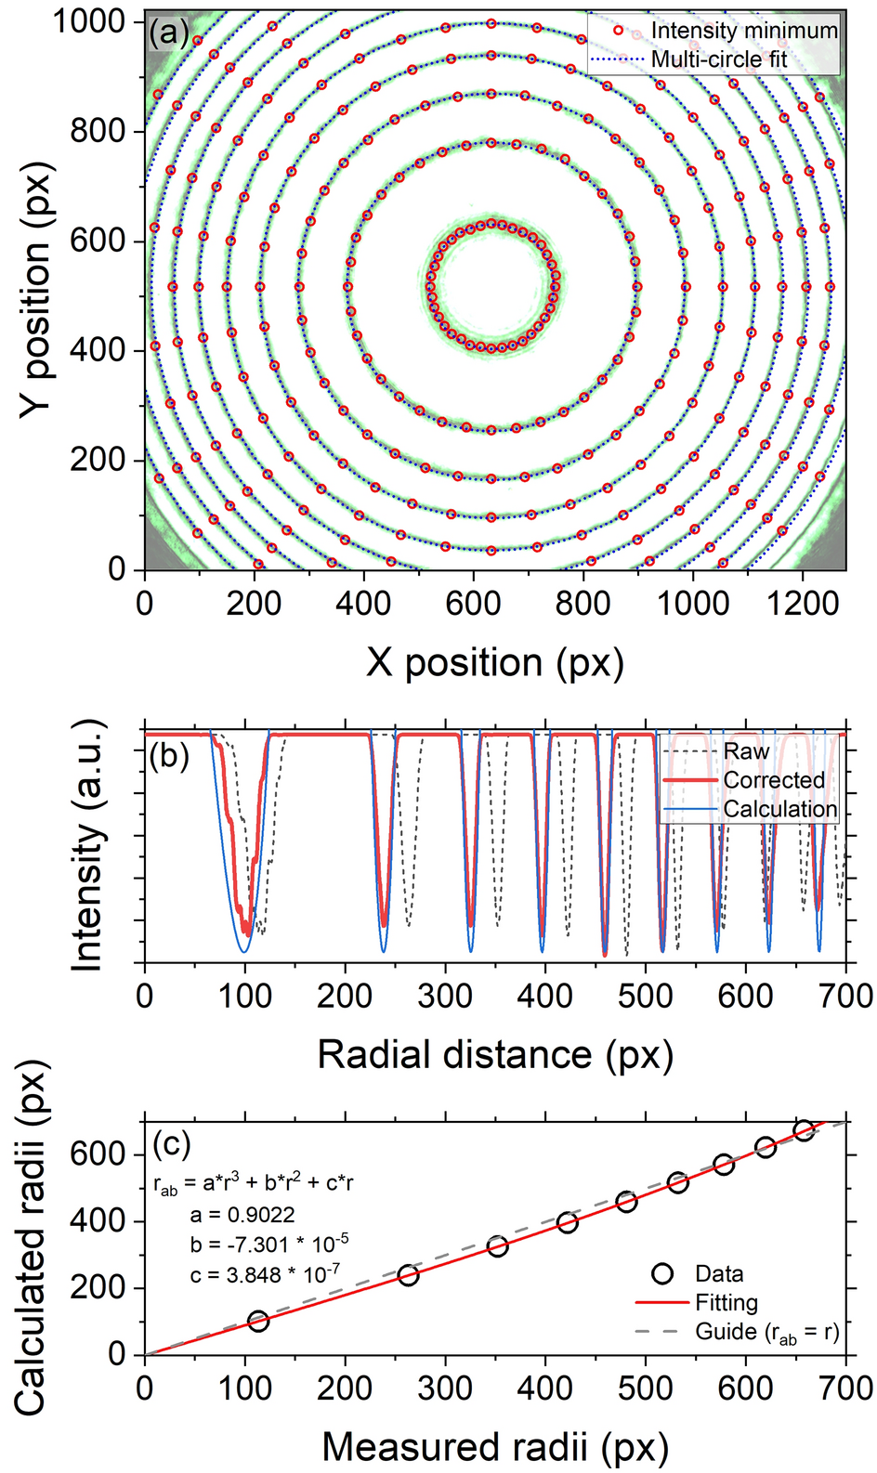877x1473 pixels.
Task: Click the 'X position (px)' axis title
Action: (494, 663)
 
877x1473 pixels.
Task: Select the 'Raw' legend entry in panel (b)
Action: (746, 751)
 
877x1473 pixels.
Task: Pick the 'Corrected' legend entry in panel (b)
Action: (773, 780)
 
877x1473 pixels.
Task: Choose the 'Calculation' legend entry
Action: (779, 809)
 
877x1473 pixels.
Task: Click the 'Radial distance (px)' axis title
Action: (494, 1055)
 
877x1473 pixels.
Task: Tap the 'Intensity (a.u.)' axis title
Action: (86, 846)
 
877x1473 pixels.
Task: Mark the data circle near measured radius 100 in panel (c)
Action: (258, 1320)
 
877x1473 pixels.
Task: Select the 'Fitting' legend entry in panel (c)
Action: (726, 1303)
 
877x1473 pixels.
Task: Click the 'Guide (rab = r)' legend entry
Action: (766, 1333)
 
